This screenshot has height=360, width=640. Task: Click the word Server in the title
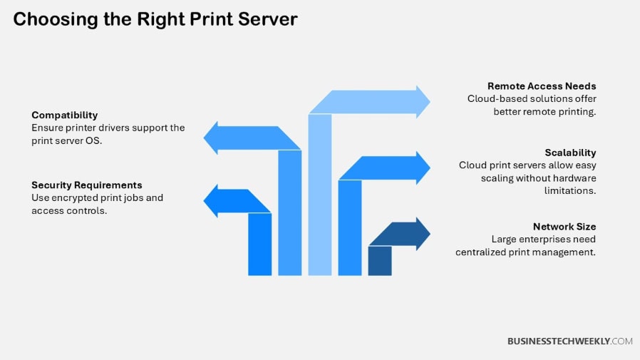click(x=263, y=19)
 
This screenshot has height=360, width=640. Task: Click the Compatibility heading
click(x=64, y=115)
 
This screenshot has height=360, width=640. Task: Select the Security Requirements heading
click(x=86, y=185)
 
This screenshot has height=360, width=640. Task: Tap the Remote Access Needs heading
click(x=542, y=86)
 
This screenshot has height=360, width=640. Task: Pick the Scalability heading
click(x=570, y=153)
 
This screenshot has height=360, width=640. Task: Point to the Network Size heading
click(x=564, y=227)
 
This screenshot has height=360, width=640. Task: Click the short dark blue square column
click(x=380, y=260)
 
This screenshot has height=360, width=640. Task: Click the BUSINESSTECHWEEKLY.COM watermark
click(x=569, y=341)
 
